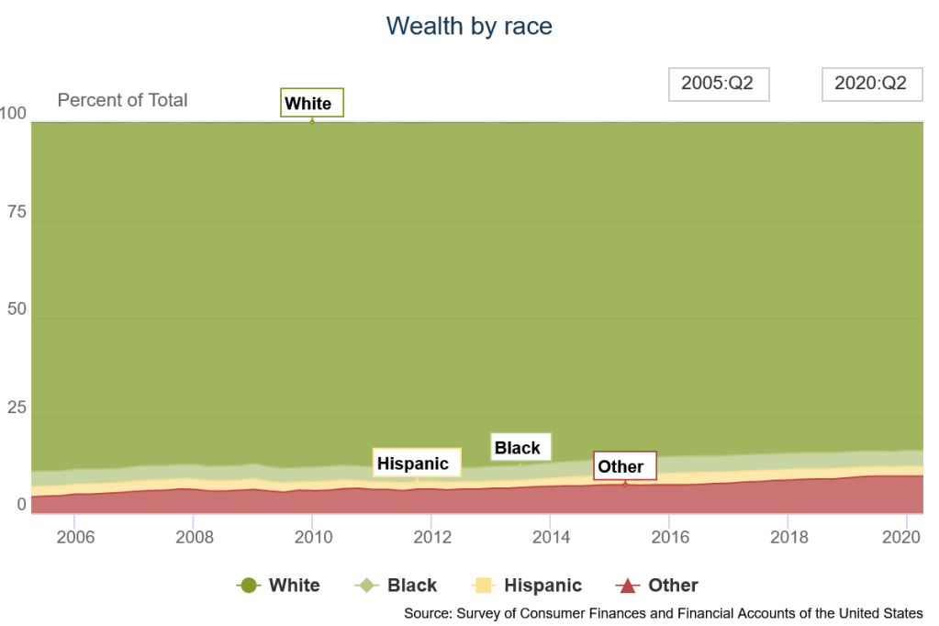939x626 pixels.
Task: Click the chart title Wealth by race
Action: pyautogui.click(x=469, y=26)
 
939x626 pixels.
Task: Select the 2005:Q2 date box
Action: pyautogui.click(x=717, y=84)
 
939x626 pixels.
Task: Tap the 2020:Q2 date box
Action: pyautogui.click(x=870, y=84)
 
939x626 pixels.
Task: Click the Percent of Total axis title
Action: pyautogui.click(x=122, y=100)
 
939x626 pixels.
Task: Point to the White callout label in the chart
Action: pyautogui.click(x=311, y=103)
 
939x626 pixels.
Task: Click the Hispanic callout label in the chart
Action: pyautogui.click(x=412, y=464)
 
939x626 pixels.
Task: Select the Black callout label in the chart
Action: pyautogui.click(x=520, y=447)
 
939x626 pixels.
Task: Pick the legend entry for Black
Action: pyautogui.click(x=396, y=585)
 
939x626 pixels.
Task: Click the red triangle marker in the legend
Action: pyautogui.click(x=627, y=585)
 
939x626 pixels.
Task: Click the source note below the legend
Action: pyautogui.click(x=663, y=613)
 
